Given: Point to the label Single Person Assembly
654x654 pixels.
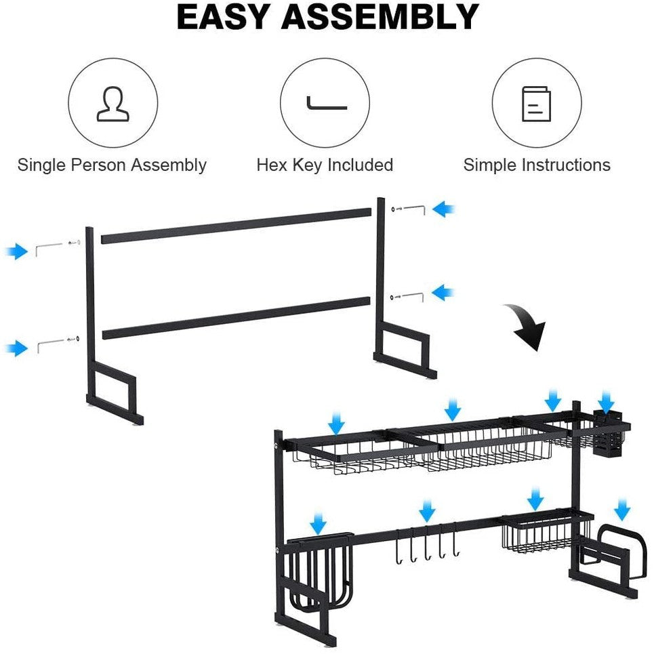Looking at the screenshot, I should (112, 165).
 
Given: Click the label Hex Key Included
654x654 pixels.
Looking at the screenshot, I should (325, 165).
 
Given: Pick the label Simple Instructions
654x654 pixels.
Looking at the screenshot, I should (537, 165).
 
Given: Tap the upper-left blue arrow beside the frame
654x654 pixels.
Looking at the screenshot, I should (14, 252).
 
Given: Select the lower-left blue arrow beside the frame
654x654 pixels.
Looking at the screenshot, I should (14, 348).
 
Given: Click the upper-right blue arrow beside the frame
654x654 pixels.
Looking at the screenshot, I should (444, 209).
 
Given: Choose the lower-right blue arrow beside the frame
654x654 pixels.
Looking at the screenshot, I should (444, 293).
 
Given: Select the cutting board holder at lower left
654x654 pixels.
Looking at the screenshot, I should (319, 569).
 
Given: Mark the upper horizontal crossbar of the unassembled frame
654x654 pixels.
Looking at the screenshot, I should (236, 226).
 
